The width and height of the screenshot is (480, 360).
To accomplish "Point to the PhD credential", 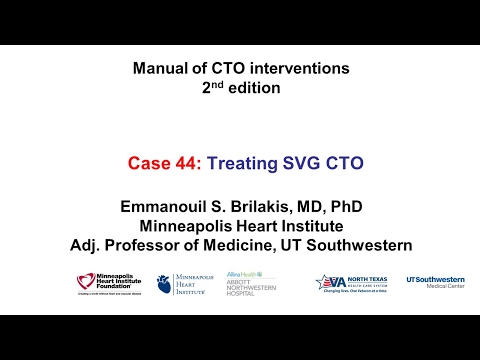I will click(x=343, y=207).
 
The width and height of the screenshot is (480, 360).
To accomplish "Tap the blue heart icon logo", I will click(x=164, y=284).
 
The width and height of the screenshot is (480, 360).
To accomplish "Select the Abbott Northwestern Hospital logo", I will click(x=251, y=284).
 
